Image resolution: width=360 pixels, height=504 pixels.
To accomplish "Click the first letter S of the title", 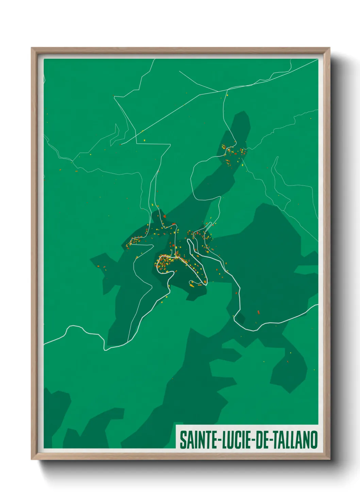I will pos(182,440).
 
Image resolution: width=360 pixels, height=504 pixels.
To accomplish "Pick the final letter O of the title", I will pos(314,440).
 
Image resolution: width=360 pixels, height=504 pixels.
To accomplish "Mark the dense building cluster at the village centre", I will pos(167,262).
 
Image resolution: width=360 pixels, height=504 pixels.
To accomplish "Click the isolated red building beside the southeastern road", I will pos(258,312).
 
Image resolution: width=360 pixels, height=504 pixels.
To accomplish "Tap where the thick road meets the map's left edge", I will pos(45,344).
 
